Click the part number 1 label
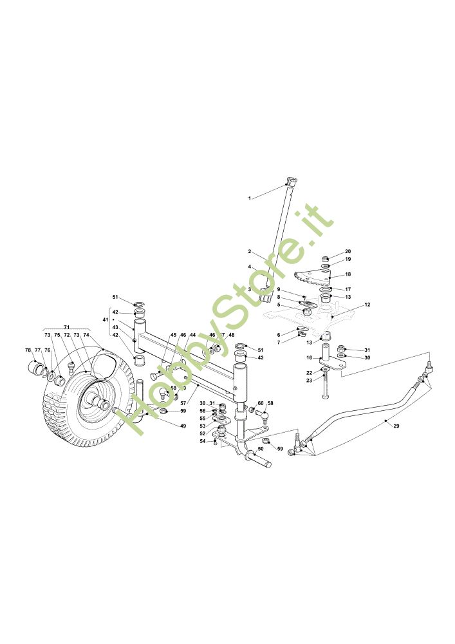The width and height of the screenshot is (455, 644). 249,198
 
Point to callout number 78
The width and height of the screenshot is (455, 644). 28,350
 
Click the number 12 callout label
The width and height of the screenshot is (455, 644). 367,305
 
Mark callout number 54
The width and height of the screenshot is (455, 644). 202,441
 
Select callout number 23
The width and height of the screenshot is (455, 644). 309,381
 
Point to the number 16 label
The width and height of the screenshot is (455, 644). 309,358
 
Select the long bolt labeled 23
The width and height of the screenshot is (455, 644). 326,386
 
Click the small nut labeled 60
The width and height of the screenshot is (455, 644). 252,411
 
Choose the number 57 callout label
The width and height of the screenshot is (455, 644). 183,402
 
